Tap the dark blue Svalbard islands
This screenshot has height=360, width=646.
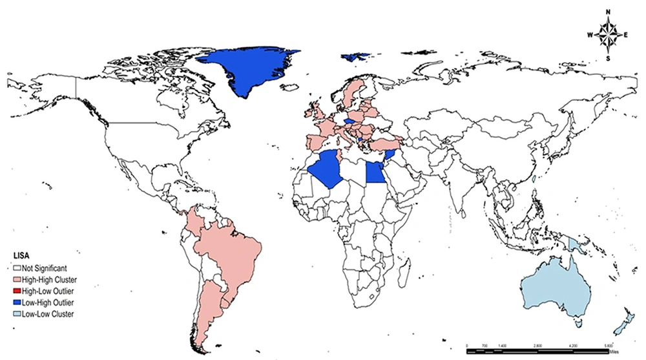pyautogui.click(x=352, y=57)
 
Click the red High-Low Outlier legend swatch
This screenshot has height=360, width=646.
pyautogui.click(x=17, y=290)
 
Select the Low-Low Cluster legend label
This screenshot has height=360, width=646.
pyautogui.click(x=52, y=313)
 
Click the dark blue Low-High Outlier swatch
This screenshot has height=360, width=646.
pyautogui.click(x=17, y=302)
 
